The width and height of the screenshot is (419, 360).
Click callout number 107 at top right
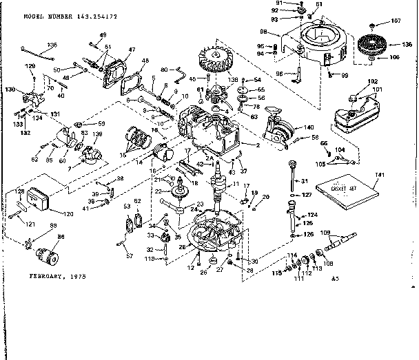(396, 20)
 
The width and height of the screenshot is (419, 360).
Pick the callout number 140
(308, 127)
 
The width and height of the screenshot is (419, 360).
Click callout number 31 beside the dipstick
(300, 181)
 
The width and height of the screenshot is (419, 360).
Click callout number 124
(311, 215)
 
